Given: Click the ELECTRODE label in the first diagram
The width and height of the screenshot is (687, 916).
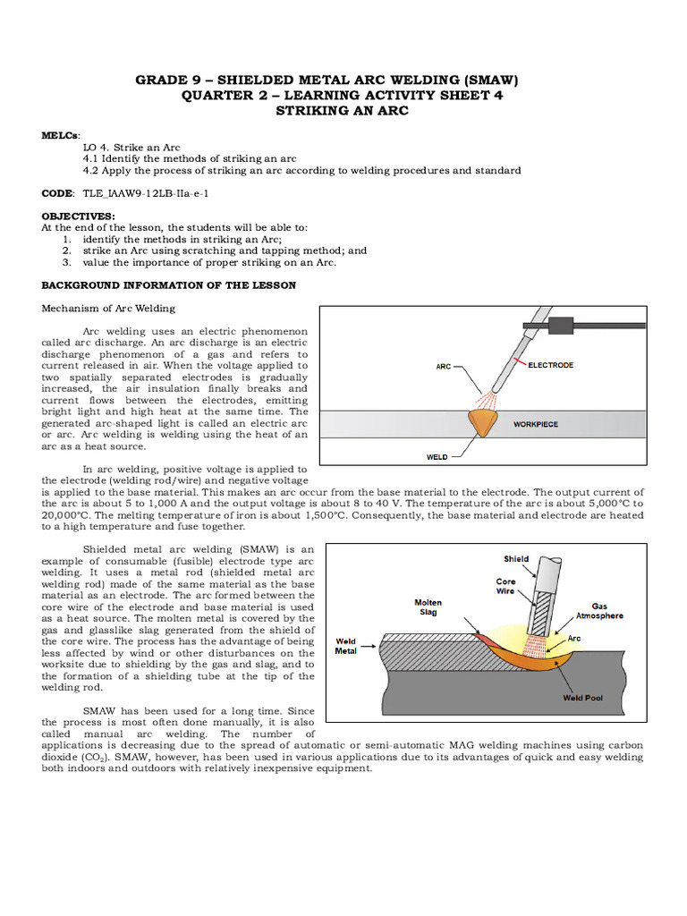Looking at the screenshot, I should tap(551, 365).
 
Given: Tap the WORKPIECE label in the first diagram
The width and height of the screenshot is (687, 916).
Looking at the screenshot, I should tap(536, 424).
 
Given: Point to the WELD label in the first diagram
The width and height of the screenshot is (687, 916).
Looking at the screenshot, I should tap(437, 456).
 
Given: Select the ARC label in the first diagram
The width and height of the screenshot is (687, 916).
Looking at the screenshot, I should tap(444, 366).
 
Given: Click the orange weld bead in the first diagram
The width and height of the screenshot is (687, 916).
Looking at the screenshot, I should tap(484, 421).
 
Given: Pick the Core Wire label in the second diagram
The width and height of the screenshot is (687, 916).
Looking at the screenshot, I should tap(506, 588).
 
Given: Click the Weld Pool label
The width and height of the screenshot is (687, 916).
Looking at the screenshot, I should tap(581, 698).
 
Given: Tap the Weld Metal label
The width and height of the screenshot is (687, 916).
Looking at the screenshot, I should tap(345, 646).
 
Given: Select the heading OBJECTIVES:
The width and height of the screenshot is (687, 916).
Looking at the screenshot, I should tap(79, 216).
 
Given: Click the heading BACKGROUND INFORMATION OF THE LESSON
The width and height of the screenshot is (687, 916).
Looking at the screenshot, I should tap(169, 285).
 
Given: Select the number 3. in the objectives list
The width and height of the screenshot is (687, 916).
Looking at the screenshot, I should tap(67, 263).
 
